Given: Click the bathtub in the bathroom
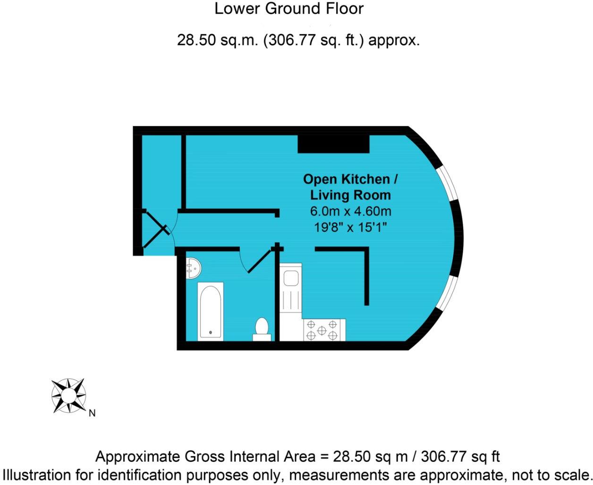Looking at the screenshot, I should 210,310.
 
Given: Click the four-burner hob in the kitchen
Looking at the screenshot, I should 322,330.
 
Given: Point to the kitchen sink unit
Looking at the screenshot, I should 289,288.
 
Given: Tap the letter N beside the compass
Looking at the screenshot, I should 92,413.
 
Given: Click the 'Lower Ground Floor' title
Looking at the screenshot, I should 289,9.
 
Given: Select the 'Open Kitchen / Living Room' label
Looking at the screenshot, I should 350,187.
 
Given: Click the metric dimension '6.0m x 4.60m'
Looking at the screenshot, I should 350,211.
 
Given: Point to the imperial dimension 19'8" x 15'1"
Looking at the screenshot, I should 350,227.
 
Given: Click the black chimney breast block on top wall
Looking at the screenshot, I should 333,144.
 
